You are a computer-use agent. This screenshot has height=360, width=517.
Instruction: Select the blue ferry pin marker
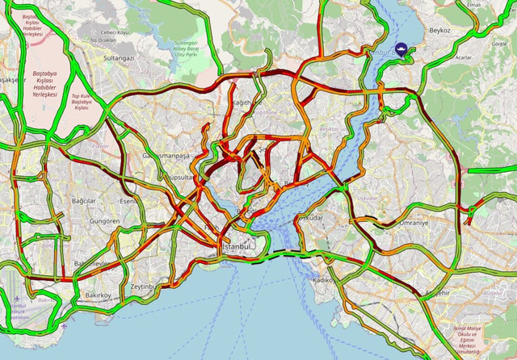point(402,50)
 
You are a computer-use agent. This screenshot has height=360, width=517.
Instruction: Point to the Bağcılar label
point(84,200)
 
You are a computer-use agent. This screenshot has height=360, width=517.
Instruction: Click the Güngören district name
point(105,220)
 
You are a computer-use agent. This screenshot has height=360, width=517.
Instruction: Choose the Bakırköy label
point(102,295)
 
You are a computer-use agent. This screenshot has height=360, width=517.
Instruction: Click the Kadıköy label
point(323,279)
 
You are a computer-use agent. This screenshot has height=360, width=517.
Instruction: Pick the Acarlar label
point(463,58)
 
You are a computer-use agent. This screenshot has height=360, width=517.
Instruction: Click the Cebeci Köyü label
point(112,32)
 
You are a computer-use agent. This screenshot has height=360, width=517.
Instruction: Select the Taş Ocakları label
point(104,40)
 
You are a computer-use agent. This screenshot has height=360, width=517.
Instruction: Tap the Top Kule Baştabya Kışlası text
point(82,103)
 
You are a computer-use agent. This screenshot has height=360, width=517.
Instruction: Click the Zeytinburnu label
point(142,287)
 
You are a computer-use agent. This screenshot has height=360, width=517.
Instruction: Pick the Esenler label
point(128,201)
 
